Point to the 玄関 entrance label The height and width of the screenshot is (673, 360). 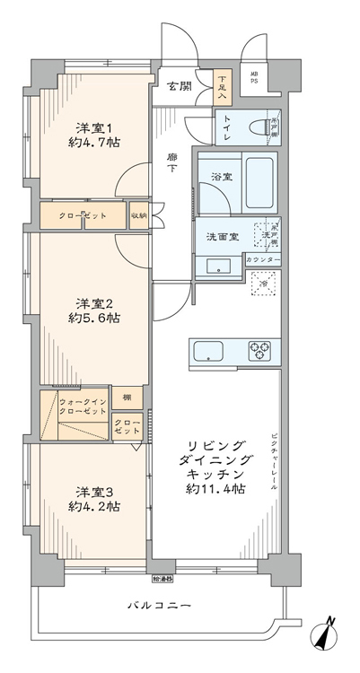178,86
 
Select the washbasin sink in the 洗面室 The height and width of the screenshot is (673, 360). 216,266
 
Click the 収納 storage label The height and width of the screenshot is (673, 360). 139,216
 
